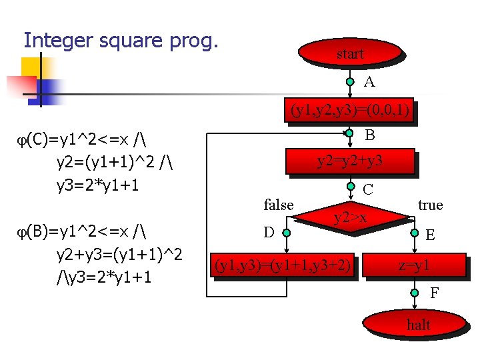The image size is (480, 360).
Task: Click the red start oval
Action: click(350, 54)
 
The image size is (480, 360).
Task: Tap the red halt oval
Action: click(418, 325)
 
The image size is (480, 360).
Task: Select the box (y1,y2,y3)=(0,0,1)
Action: click(349, 111)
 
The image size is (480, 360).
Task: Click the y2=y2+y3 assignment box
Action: click(349, 161)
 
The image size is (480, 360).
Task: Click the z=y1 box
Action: click(414, 267)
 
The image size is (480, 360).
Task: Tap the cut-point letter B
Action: click(369, 135)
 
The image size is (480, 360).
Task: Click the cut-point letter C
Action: click(368, 190)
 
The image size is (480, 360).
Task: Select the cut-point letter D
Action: click(269, 233)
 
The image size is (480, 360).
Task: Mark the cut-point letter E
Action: click(431, 235)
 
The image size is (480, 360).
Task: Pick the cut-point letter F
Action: click(434, 292)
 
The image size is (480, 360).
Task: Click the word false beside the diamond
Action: click(279, 205)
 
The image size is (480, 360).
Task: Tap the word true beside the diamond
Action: click(430, 205)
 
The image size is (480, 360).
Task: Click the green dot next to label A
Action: click(350, 83)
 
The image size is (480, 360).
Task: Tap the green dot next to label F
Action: click(415, 291)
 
